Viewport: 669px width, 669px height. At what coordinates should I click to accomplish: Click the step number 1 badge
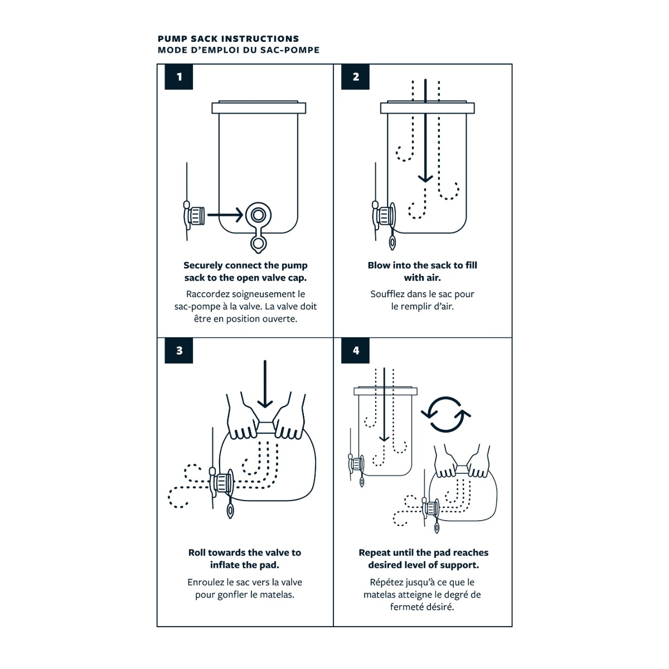[x=179, y=77]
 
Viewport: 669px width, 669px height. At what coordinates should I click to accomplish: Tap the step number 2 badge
[x=356, y=77]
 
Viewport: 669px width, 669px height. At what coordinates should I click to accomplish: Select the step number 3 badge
[x=179, y=351]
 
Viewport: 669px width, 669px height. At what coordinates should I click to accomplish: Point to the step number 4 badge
[x=356, y=351]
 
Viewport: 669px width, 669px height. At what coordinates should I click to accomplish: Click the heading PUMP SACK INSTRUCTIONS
[x=228, y=38]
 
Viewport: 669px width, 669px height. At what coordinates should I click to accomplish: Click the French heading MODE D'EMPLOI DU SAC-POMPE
[x=239, y=50]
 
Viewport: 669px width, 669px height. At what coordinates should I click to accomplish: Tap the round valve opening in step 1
[x=258, y=215]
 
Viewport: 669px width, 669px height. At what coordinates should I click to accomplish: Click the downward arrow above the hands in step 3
[x=265, y=385]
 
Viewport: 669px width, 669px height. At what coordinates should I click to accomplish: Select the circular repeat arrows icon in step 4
[x=445, y=414]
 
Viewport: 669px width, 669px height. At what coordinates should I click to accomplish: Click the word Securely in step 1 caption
[x=203, y=265]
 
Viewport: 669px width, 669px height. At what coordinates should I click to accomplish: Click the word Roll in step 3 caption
[x=197, y=552]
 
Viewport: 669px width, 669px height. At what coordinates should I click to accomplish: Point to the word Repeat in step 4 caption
[x=375, y=552]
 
